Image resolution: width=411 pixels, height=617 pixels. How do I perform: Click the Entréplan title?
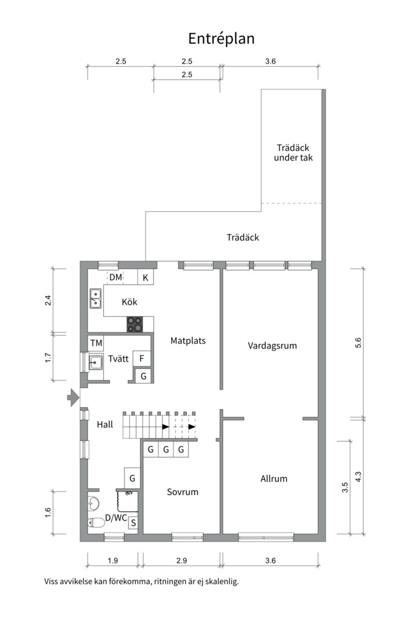221,38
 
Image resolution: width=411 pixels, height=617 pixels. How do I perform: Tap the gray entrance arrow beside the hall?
72,397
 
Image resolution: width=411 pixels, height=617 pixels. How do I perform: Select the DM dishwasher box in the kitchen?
116,278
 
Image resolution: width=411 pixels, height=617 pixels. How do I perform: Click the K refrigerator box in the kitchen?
146,278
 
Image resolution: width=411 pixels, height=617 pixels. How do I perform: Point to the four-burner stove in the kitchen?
135,324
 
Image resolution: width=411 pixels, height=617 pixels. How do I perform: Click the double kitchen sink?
95,299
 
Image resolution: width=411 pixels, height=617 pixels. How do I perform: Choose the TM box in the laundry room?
96,343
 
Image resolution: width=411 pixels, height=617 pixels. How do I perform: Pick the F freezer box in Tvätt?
141,359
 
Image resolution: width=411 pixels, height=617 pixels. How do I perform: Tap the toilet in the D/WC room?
95,522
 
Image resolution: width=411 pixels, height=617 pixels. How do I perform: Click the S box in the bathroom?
133,522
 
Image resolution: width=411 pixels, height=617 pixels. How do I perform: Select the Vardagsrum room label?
272,346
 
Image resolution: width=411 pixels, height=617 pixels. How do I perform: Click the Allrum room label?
273,479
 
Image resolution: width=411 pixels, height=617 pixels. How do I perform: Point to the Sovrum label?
183,491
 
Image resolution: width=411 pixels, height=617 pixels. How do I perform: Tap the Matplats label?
188,340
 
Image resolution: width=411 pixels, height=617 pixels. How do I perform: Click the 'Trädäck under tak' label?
293,153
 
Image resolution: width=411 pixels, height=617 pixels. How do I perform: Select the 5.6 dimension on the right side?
358,343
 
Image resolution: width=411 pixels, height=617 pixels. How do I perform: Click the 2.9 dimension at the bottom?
182,561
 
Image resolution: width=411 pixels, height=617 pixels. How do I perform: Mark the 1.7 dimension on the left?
49,357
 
